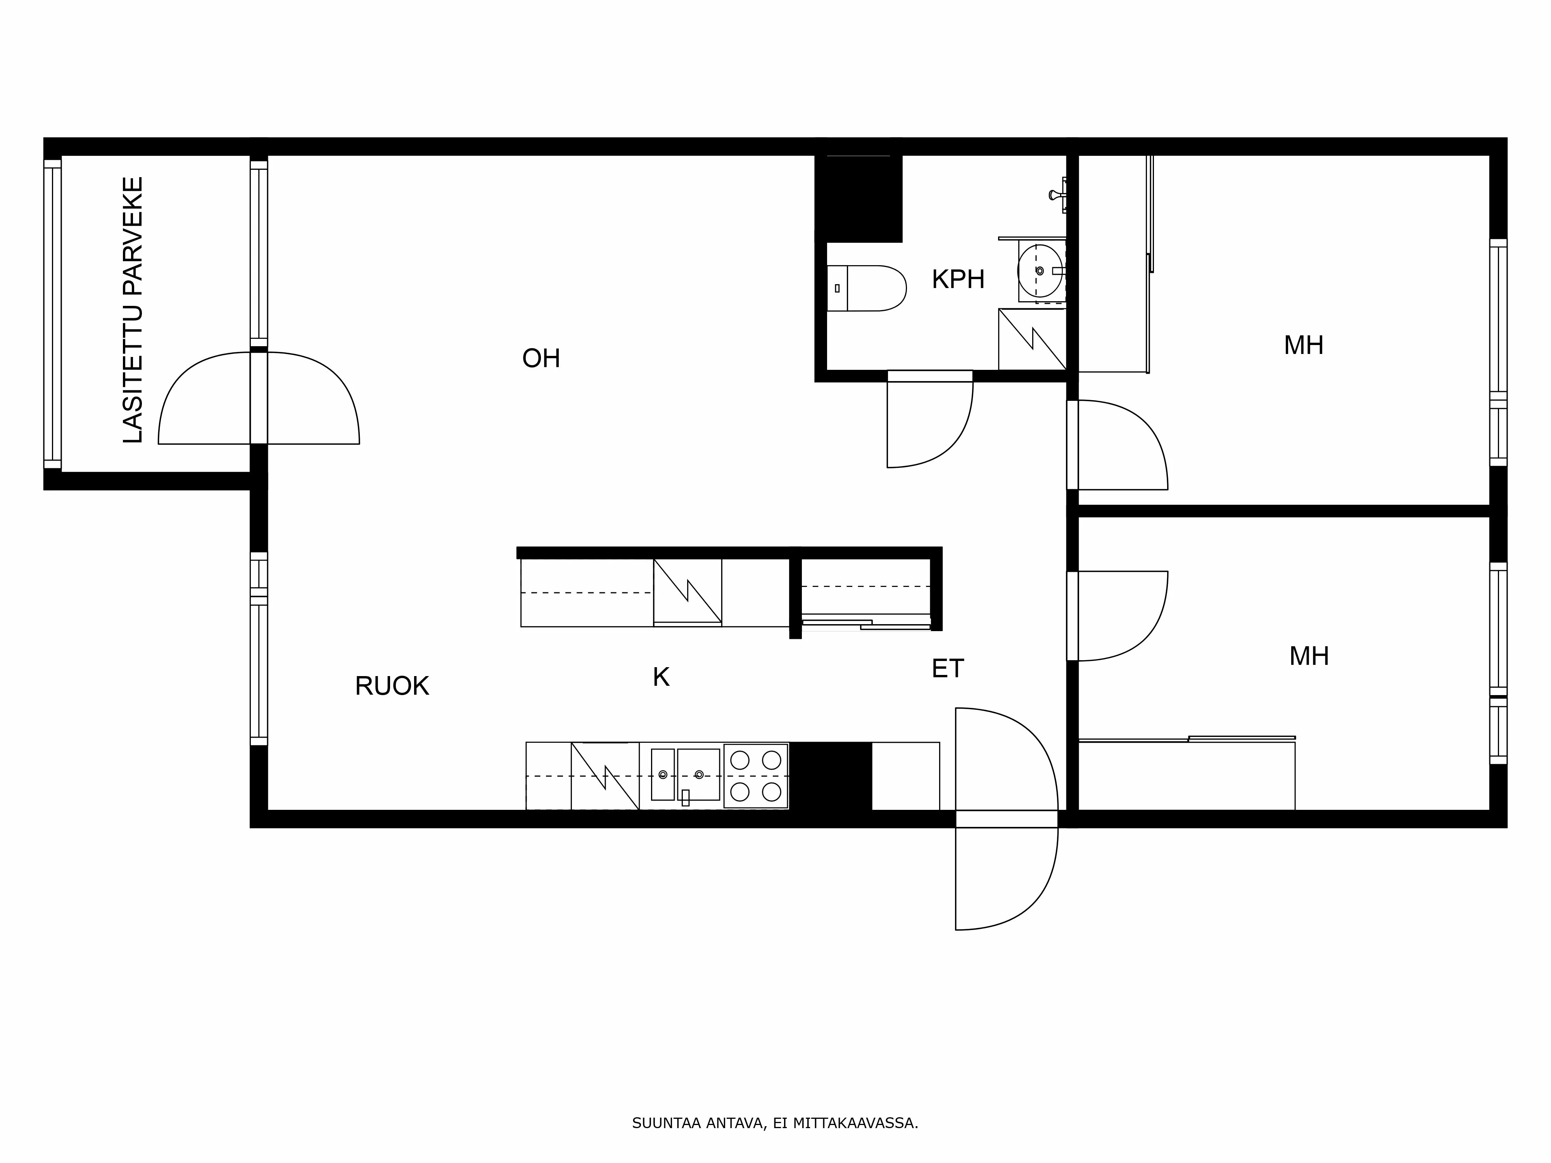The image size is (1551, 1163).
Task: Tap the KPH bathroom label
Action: pos(958,280)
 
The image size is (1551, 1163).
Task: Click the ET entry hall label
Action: pos(947,669)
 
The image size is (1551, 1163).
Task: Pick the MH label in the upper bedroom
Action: pos(1304,346)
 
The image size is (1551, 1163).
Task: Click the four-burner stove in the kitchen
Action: pos(755,776)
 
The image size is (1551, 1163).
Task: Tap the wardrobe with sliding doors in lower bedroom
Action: pos(1185,775)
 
